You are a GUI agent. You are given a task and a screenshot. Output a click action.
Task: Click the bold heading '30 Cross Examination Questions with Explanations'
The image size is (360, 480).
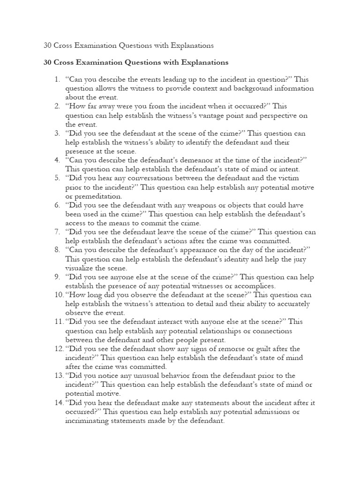pos(135,62)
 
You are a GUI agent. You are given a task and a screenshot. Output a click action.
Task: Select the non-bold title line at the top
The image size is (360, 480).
pos(128,45)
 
